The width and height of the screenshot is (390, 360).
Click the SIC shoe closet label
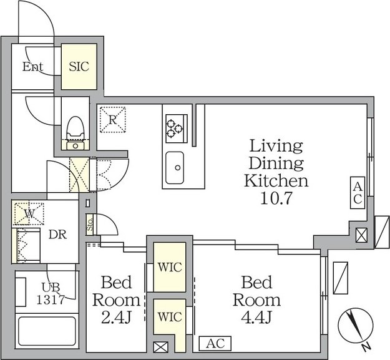(79, 67)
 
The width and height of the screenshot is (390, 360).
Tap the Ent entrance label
(32, 67)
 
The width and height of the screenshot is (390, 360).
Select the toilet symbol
(76, 133)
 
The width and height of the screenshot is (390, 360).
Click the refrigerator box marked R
(113, 120)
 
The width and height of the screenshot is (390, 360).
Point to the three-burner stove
(177, 129)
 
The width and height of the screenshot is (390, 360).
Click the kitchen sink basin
(175, 168)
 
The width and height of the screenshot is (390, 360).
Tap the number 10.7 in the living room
(276, 198)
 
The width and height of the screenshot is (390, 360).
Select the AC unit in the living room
(358, 193)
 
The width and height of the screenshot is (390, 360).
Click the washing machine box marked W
(29, 214)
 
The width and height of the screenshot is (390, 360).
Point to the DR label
(57, 235)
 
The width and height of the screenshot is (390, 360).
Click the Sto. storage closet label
(90, 225)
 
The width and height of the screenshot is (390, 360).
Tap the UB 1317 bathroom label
(51, 294)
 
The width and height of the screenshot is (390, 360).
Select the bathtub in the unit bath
(47, 331)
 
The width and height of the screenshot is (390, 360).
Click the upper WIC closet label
(170, 267)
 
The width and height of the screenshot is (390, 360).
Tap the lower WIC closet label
(170, 317)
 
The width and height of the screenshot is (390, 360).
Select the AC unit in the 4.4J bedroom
(215, 344)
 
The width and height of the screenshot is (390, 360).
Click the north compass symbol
(356, 326)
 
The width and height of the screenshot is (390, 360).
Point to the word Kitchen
(276, 181)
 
